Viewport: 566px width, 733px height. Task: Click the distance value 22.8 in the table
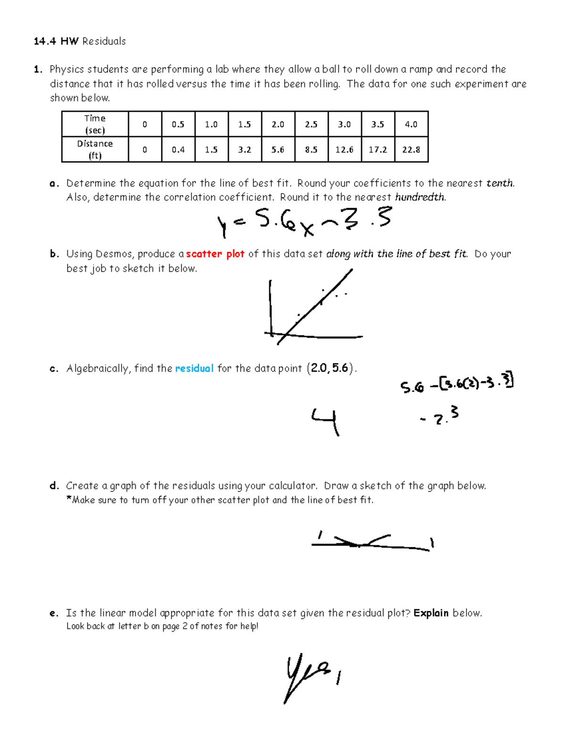[x=411, y=150]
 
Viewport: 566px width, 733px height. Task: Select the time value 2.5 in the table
[x=311, y=125]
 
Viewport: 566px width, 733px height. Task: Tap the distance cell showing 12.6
[x=344, y=150]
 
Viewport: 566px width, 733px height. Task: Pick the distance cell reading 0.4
[x=178, y=150]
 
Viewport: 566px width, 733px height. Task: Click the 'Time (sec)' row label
[x=95, y=124]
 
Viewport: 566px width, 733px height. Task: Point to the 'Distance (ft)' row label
[x=95, y=150]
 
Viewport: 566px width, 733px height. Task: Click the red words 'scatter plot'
[x=215, y=254]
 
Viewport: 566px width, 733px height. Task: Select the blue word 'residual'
[x=194, y=368]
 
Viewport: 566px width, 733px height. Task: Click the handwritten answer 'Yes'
[x=307, y=675]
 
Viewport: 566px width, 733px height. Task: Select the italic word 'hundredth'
[x=420, y=197]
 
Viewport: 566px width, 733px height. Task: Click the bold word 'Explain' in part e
[x=431, y=613]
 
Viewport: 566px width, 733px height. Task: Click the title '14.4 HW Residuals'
[x=80, y=42]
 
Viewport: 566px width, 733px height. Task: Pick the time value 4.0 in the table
[x=411, y=125]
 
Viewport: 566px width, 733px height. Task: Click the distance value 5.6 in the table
[x=278, y=150]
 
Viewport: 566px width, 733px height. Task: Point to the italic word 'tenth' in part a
[x=500, y=183]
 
